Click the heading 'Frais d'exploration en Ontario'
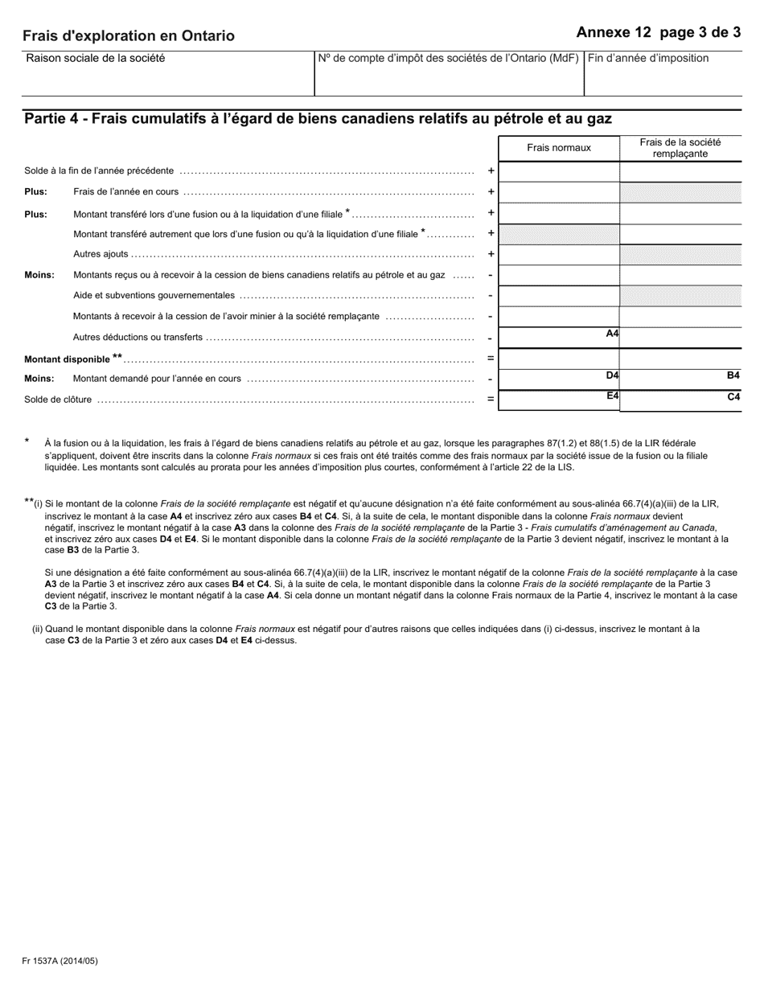(129, 36)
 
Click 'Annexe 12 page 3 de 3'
(658, 33)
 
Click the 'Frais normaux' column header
(559, 147)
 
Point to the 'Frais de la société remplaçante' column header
(680, 147)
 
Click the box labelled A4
(559, 338)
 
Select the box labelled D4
(559, 379)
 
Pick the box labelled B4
(680, 379)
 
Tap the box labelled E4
(559, 400)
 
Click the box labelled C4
(680, 400)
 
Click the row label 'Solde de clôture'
(58, 400)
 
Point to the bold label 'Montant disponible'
(68, 359)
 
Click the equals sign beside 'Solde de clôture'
(491, 400)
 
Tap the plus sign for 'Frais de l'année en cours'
(491, 192)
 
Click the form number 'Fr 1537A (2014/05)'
(60, 960)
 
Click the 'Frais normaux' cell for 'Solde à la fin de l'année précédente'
(559, 171)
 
